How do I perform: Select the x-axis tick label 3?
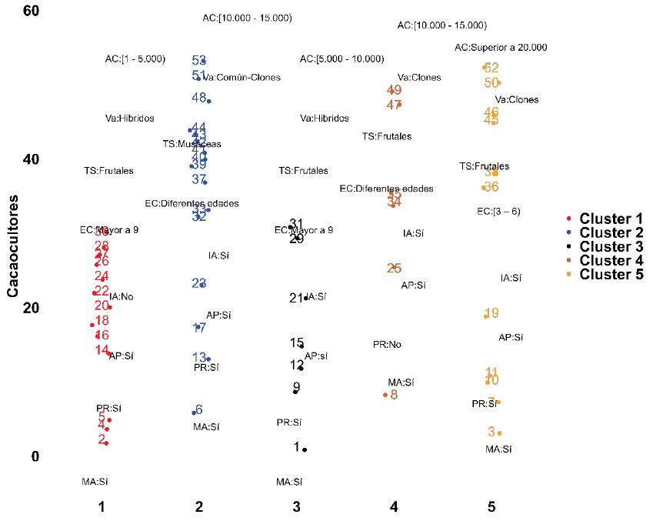tap(297, 507)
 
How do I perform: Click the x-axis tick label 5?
tap(491, 507)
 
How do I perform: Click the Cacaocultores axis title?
tap(13, 245)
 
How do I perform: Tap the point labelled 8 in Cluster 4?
tap(385, 395)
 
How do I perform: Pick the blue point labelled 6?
tap(194, 412)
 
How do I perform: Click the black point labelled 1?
tap(305, 449)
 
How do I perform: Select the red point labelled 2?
tap(106, 443)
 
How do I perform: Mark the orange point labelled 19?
tap(486, 316)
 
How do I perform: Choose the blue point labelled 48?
tap(208, 101)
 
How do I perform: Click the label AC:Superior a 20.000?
tap(501, 48)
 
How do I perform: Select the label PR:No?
tap(387, 345)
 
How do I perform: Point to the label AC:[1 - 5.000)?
tap(135, 58)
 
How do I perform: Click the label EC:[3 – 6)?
tap(498, 211)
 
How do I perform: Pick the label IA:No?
tap(121, 296)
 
